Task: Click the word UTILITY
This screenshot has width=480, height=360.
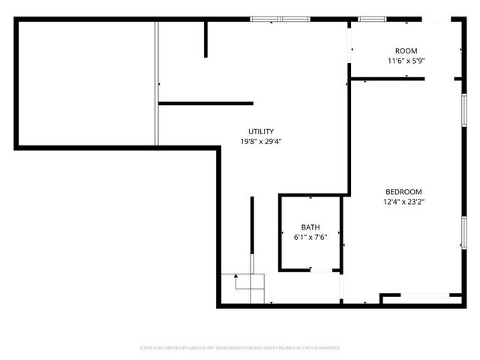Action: (x=261, y=131)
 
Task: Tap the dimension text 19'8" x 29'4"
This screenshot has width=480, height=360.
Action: (x=261, y=141)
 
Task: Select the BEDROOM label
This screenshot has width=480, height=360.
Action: (x=403, y=191)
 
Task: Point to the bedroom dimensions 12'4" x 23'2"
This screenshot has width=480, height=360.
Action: (x=403, y=201)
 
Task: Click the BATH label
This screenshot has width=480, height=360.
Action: (x=310, y=227)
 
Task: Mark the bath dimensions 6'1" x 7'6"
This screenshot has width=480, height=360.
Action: (x=310, y=237)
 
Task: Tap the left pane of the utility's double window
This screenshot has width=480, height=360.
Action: (x=264, y=19)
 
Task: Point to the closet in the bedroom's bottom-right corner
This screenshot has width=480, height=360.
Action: (x=420, y=298)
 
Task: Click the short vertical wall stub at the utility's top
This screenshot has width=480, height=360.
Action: (x=205, y=40)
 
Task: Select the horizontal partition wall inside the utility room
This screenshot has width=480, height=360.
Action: (x=206, y=103)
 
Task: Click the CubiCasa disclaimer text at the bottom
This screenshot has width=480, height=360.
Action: (x=240, y=348)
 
